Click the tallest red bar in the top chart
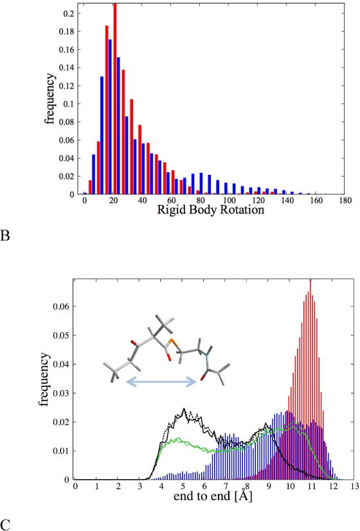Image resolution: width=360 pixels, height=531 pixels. [x=115, y=96]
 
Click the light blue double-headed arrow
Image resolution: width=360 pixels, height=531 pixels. [x=161, y=382]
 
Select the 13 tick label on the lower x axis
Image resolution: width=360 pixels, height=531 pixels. [x=352, y=486]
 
